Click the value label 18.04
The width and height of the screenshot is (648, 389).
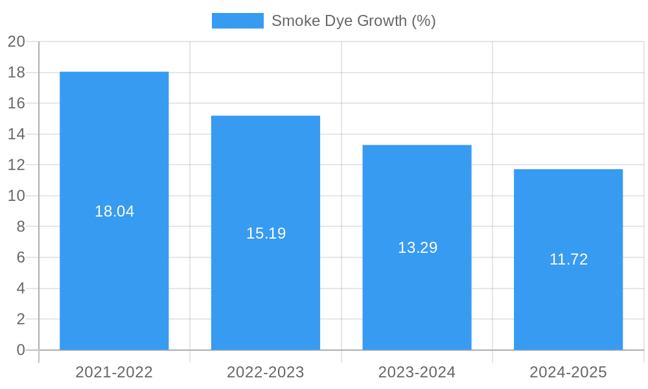coord(115,211)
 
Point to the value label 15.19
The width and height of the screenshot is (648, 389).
coord(266,233)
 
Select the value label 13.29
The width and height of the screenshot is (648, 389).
coord(417,248)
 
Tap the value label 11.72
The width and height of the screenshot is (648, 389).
coord(568,259)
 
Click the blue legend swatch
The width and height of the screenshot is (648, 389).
coord(238,21)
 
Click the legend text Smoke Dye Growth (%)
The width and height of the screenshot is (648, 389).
coord(353,21)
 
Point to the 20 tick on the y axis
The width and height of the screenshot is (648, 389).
coord(16,41)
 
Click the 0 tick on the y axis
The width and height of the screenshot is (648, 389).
coord(20,350)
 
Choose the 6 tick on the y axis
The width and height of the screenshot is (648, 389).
coord(20,257)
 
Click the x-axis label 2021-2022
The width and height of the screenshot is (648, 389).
coord(114,372)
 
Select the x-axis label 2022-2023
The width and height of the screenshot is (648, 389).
coord(266,372)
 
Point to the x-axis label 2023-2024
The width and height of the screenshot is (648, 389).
coord(417,372)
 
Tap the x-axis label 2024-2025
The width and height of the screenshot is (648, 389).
coord(568,372)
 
